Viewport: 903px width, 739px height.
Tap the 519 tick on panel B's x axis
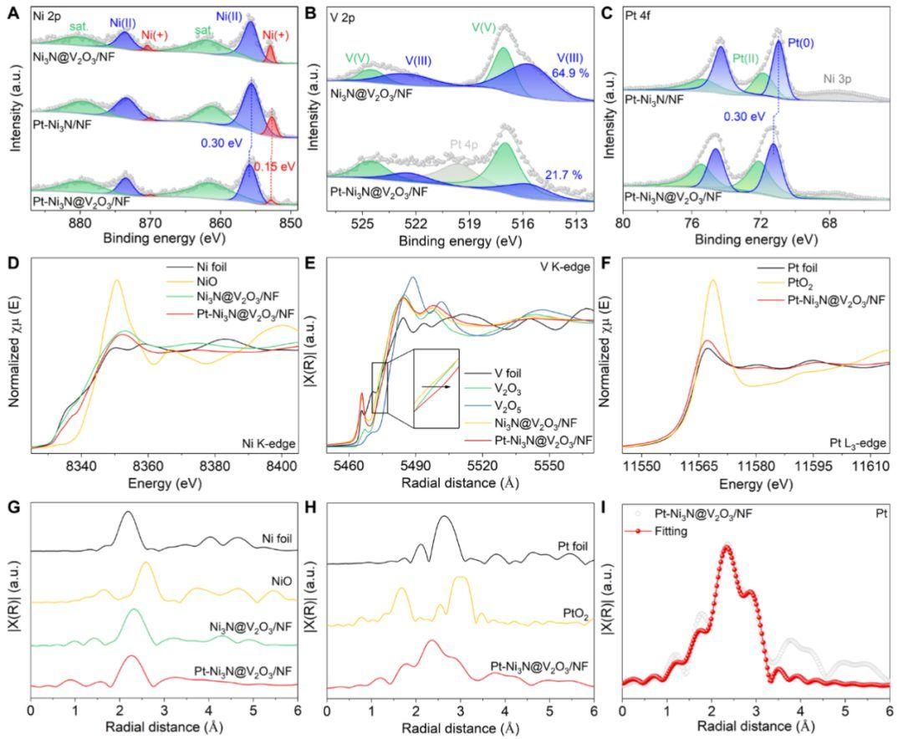click(469, 223)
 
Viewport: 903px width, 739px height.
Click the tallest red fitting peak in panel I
click(727, 546)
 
